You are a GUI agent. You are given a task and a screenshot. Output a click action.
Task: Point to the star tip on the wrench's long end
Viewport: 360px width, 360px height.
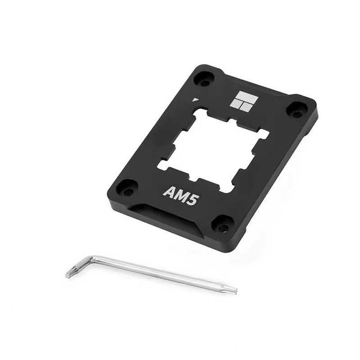[234, 291]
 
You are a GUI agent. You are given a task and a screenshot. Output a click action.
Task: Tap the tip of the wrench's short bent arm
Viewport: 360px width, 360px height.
[68, 275]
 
